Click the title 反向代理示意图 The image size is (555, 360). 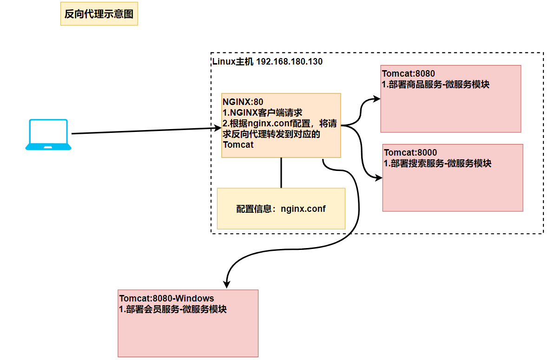point(99,14)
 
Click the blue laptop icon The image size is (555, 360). point(48,135)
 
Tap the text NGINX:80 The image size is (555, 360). point(243,102)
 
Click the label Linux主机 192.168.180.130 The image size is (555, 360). point(267,62)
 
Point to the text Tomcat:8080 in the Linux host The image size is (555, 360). point(409,74)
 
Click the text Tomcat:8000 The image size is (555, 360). point(410,152)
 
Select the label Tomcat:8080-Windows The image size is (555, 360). point(167,299)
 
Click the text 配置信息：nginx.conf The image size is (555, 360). point(281,209)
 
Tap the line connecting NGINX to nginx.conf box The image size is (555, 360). point(281,173)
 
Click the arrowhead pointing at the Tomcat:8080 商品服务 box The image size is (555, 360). point(377,99)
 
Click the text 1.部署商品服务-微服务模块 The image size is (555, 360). point(436,85)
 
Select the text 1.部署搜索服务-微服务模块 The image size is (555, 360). point(437,164)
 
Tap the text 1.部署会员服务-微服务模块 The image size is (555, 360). point(173,309)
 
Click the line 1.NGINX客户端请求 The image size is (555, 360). point(263,113)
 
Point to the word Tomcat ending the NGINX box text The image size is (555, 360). point(238,144)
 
